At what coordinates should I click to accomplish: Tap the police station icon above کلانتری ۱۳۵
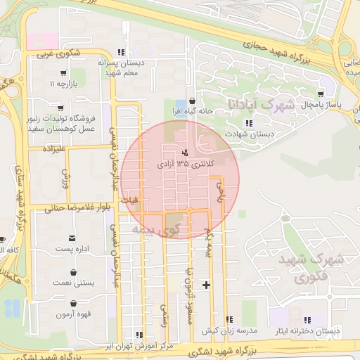(184, 151)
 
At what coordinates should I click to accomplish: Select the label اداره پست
(73, 249)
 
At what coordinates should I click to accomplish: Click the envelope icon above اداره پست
(73, 238)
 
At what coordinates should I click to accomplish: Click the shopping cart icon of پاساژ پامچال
(321, 93)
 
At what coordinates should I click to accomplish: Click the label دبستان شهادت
(247, 134)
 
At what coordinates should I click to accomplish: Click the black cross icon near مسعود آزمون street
(206, 285)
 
